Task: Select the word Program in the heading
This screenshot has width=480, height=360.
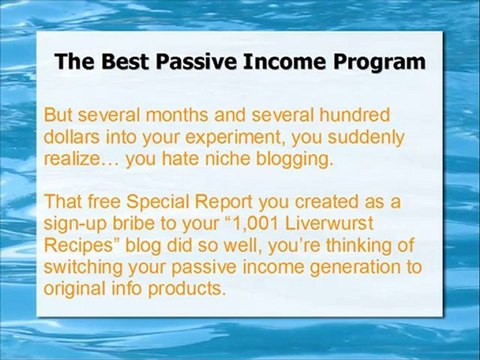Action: coord(376,62)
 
